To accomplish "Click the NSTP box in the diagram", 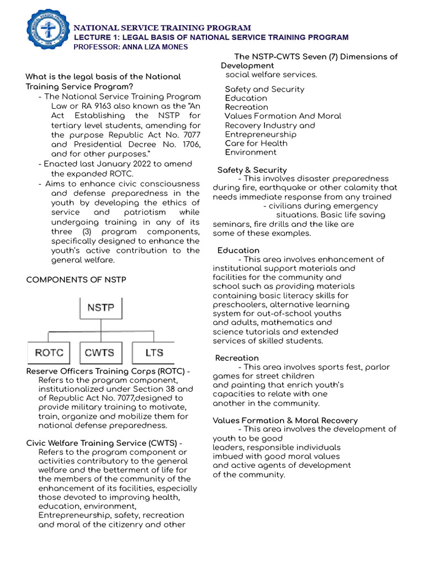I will pos(100,307).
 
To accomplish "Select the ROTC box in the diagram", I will pos(49,353).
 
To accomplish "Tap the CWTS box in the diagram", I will pos(100,353).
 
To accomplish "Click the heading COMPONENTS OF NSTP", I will pos(76,280).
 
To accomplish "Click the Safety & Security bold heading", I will pos(252,170).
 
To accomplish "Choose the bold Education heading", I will pos(238,250).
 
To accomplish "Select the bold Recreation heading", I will pos(237,358).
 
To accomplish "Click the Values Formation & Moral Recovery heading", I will pos(285,420).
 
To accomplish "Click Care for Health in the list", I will pos(256,143).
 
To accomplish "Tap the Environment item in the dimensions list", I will pos(251,152).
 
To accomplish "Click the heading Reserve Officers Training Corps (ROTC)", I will pos(108,371).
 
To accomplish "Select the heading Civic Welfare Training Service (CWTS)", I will pos(104,443).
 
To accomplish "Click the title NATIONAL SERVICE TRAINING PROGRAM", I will pos(163,28).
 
